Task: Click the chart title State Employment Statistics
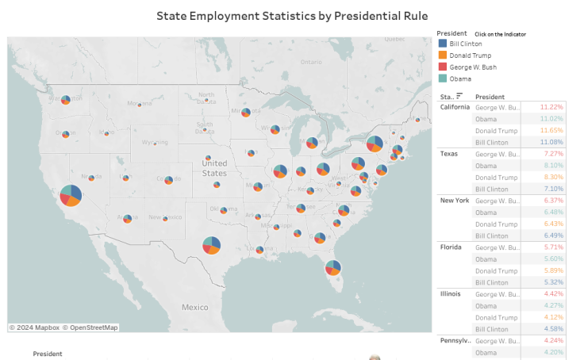[292, 15]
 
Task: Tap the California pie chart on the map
[71, 195]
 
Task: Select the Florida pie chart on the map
[332, 268]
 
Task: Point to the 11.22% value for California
[551, 107]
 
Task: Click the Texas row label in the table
[450, 153]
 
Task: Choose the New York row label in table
[455, 200]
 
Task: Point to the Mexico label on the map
[194, 307]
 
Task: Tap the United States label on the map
[214, 168]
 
